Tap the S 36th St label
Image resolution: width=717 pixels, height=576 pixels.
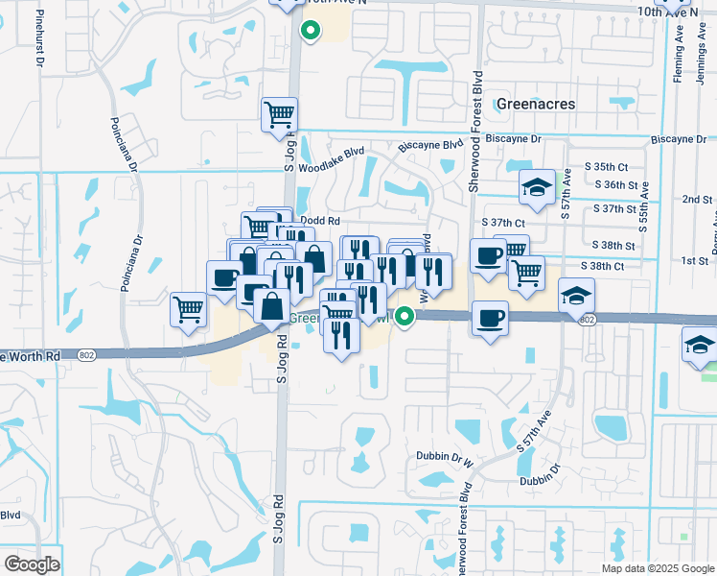(x=616, y=184)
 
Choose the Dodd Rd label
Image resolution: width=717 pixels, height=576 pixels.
(x=320, y=220)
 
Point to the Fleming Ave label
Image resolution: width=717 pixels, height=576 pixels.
(x=678, y=58)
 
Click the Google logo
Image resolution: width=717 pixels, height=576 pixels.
(x=32, y=564)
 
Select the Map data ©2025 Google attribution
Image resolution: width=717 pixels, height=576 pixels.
(x=658, y=568)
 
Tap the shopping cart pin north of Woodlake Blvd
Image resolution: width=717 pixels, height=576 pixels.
(x=279, y=114)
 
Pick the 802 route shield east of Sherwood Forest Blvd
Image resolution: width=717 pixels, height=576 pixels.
(x=588, y=319)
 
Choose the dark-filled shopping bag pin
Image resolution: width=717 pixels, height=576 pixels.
(x=272, y=306)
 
